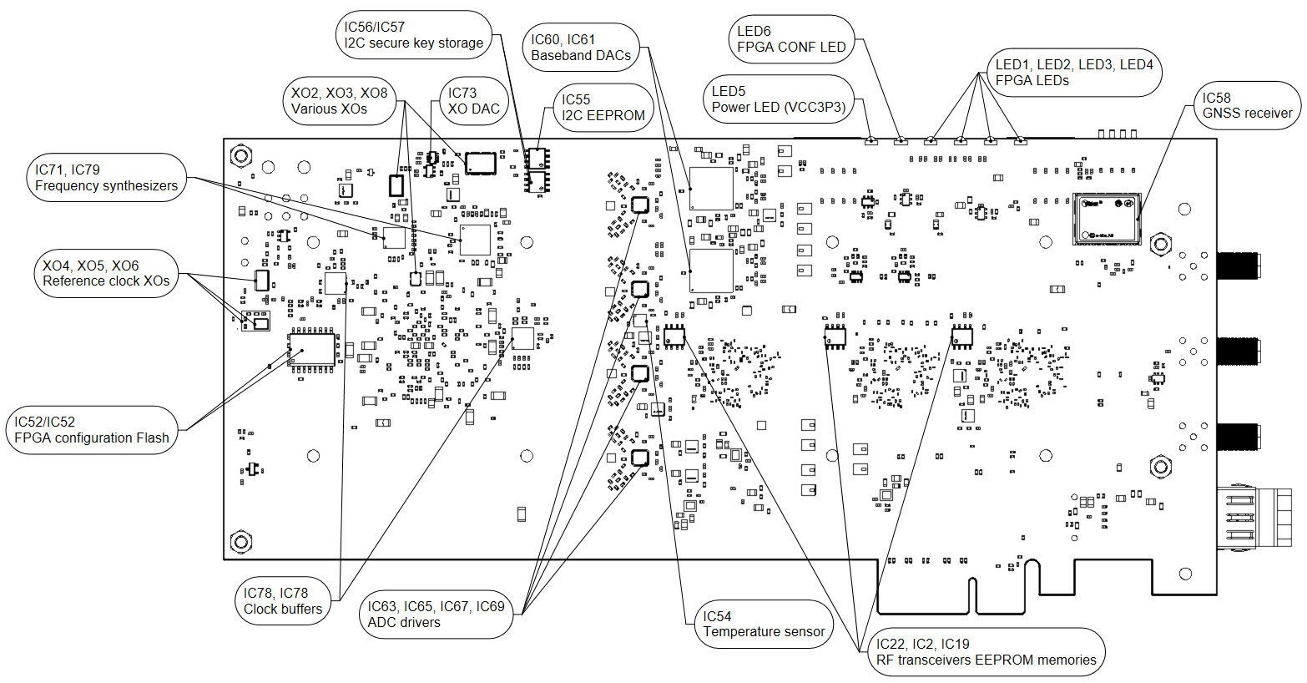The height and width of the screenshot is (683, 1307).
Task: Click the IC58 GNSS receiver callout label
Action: [1247, 105]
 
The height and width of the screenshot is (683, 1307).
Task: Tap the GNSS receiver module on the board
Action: [1107, 218]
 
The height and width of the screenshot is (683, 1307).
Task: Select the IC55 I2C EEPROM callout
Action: [603, 108]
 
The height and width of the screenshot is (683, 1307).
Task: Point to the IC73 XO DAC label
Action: [473, 101]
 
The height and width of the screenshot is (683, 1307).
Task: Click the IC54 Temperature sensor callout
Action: [763, 624]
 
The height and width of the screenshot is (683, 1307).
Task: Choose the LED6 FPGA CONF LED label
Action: [790, 39]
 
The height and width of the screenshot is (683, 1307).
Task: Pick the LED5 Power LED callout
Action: [778, 99]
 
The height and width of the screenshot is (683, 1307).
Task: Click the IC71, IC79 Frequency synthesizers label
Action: [106, 178]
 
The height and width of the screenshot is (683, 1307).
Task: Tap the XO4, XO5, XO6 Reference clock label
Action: [106, 273]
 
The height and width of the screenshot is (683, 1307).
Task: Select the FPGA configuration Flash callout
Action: [92, 430]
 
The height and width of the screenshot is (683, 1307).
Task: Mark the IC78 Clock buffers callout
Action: [282, 601]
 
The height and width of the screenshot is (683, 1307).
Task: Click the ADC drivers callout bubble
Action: [436, 615]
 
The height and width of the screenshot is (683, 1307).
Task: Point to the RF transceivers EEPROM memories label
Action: [986, 652]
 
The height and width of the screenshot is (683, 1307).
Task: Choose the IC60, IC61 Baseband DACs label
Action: [581, 48]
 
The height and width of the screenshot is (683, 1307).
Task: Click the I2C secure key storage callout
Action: [414, 35]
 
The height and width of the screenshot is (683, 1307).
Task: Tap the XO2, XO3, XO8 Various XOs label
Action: [339, 101]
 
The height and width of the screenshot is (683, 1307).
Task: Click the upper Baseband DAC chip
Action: [711, 189]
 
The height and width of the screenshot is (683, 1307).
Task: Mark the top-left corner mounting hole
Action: [241, 156]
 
